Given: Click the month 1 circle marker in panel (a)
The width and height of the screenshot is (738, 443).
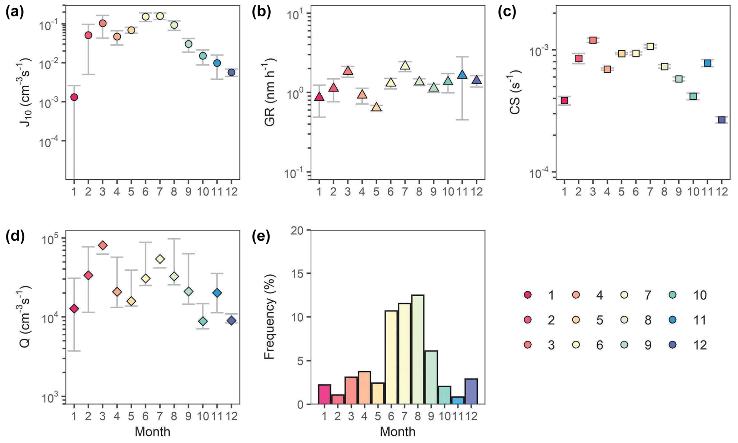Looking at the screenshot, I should tap(74, 97).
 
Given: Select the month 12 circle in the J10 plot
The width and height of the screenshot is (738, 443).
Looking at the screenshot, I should tap(231, 73).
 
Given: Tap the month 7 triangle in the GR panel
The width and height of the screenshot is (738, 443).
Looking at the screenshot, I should tap(405, 65).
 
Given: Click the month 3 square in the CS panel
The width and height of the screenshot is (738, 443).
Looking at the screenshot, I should tap(593, 40).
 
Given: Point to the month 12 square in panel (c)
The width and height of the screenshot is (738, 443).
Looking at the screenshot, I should tap(722, 120).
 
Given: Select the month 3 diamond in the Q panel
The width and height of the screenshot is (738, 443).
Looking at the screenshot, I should tap(102, 245).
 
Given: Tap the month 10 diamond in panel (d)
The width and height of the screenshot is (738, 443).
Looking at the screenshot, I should tap(203, 322).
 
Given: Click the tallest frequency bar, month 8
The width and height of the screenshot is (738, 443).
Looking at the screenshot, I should tap(418, 349).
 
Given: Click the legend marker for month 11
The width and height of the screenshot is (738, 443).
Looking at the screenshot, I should tap(673, 320).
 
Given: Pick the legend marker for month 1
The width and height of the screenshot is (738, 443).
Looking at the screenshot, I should tap(527, 295).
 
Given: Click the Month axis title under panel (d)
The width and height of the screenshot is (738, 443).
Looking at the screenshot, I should tap(152, 432).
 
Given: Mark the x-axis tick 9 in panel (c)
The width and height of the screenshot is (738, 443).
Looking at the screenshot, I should tap(679, 192).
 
